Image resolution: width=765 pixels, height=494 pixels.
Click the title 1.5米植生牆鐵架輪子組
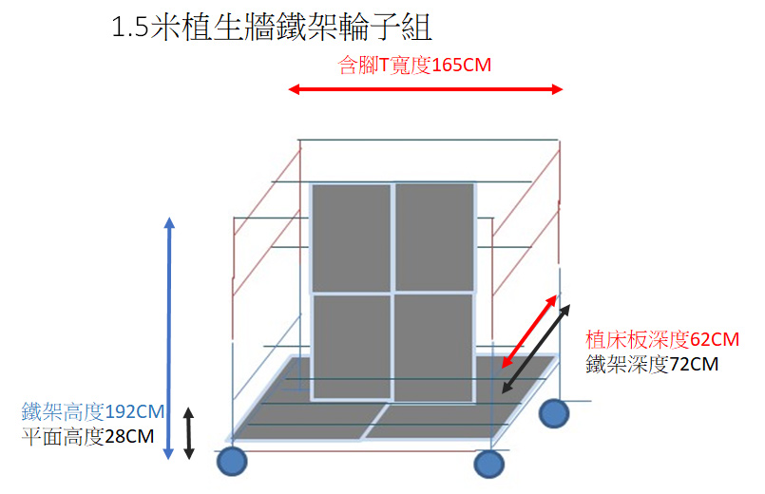(x=272, y=27)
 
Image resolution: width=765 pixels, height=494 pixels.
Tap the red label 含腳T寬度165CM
(x=414, y=65)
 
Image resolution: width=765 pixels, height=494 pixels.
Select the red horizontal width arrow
(x=426, y=89)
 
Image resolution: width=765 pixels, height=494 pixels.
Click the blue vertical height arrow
(x=169, y=338)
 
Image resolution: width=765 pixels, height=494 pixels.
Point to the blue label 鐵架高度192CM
(x=93, y=411)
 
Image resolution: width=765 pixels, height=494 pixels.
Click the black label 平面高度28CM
(x=87, y=436)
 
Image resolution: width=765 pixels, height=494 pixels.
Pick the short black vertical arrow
(x=189, y=433)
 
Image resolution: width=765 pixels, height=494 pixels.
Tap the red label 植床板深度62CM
(x=662, y=339)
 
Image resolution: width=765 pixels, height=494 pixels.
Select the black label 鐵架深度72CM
(x=652, y=364)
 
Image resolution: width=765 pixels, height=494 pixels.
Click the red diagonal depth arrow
(x=529, y=332)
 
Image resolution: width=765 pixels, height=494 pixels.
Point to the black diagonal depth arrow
(x=536, y=349)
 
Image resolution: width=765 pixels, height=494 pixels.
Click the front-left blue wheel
(x=232, y=461)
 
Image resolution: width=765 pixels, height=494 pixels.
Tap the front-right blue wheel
(x=488, y=464)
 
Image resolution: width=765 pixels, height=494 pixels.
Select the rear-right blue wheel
(x=554, y=413)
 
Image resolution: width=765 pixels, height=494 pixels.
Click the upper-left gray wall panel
(x=352, y=238)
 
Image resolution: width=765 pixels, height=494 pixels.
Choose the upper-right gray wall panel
(x=434, y=237)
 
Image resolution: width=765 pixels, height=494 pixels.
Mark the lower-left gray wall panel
(x=352, y=347)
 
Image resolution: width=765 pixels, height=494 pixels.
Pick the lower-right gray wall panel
(x=433, y=348)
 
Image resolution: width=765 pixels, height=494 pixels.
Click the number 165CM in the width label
(x=462, y=65)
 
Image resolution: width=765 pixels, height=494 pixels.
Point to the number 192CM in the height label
(x=135, y=411)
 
